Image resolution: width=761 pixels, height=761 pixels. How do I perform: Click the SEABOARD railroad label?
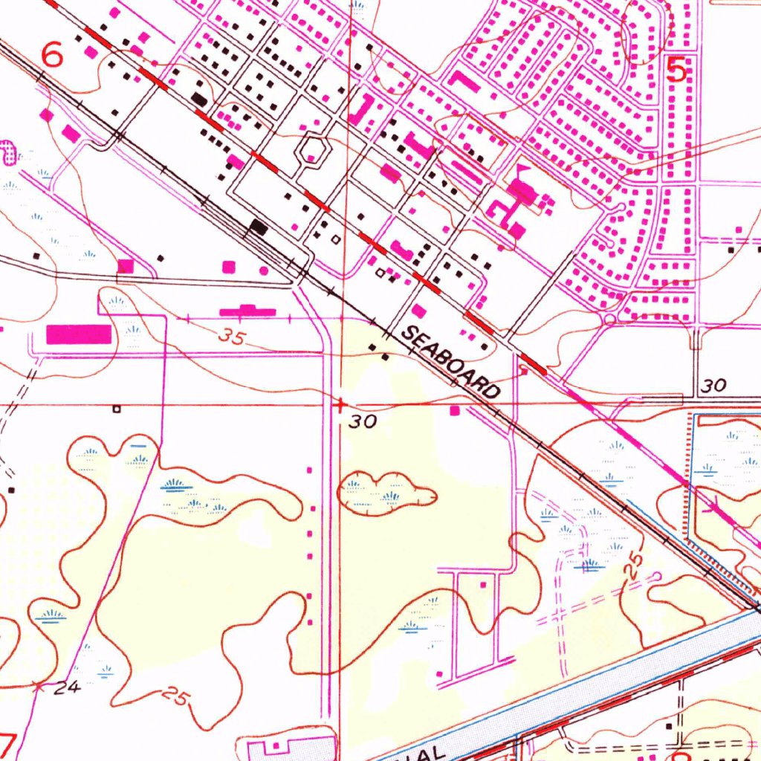point(450,363)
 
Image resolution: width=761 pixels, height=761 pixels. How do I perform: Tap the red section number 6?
point(53,54)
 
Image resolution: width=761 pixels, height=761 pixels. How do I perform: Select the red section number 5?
point(676,71)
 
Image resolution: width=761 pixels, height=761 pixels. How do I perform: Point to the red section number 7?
point(7,743)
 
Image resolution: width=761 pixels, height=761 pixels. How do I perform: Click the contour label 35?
point(232,337)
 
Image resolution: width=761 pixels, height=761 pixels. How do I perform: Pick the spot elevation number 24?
point(68,687)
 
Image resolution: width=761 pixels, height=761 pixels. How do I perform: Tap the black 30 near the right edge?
point(713,386)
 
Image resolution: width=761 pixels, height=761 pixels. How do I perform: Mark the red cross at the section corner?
point(340,406)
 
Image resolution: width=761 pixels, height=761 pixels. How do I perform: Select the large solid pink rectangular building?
point(79,334)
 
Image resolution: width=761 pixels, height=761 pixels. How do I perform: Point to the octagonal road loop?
point(312,151)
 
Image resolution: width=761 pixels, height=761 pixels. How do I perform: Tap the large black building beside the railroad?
point(259,227)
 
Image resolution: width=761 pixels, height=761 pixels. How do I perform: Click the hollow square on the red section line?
point(116,408)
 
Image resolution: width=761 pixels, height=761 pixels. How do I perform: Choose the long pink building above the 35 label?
point(247,311)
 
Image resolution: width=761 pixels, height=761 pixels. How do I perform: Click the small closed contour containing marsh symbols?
point(385,492)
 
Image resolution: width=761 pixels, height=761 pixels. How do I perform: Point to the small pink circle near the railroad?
point(265,271)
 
